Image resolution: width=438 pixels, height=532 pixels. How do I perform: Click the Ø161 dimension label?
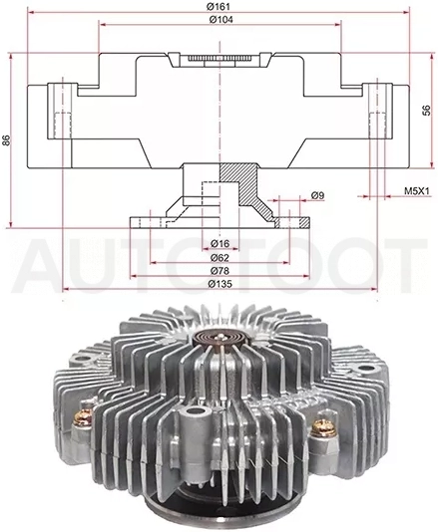click(219, 6)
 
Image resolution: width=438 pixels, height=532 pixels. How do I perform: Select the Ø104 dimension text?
click(221, 20)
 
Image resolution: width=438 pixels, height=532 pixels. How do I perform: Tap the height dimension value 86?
click(6, 140)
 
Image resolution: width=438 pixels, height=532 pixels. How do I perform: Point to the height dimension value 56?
click(426, 110)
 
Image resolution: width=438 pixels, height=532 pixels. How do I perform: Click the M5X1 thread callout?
click(417, 191)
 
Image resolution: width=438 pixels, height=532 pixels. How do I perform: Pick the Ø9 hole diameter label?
click(317, 195)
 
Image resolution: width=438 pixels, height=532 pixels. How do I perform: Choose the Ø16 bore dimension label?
click(219, 243)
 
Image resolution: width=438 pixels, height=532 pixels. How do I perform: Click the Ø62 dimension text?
click(219, 257)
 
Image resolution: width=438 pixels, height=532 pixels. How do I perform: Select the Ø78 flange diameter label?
click(219, 271)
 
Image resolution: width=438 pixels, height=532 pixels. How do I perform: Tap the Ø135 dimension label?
click(220, 284)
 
